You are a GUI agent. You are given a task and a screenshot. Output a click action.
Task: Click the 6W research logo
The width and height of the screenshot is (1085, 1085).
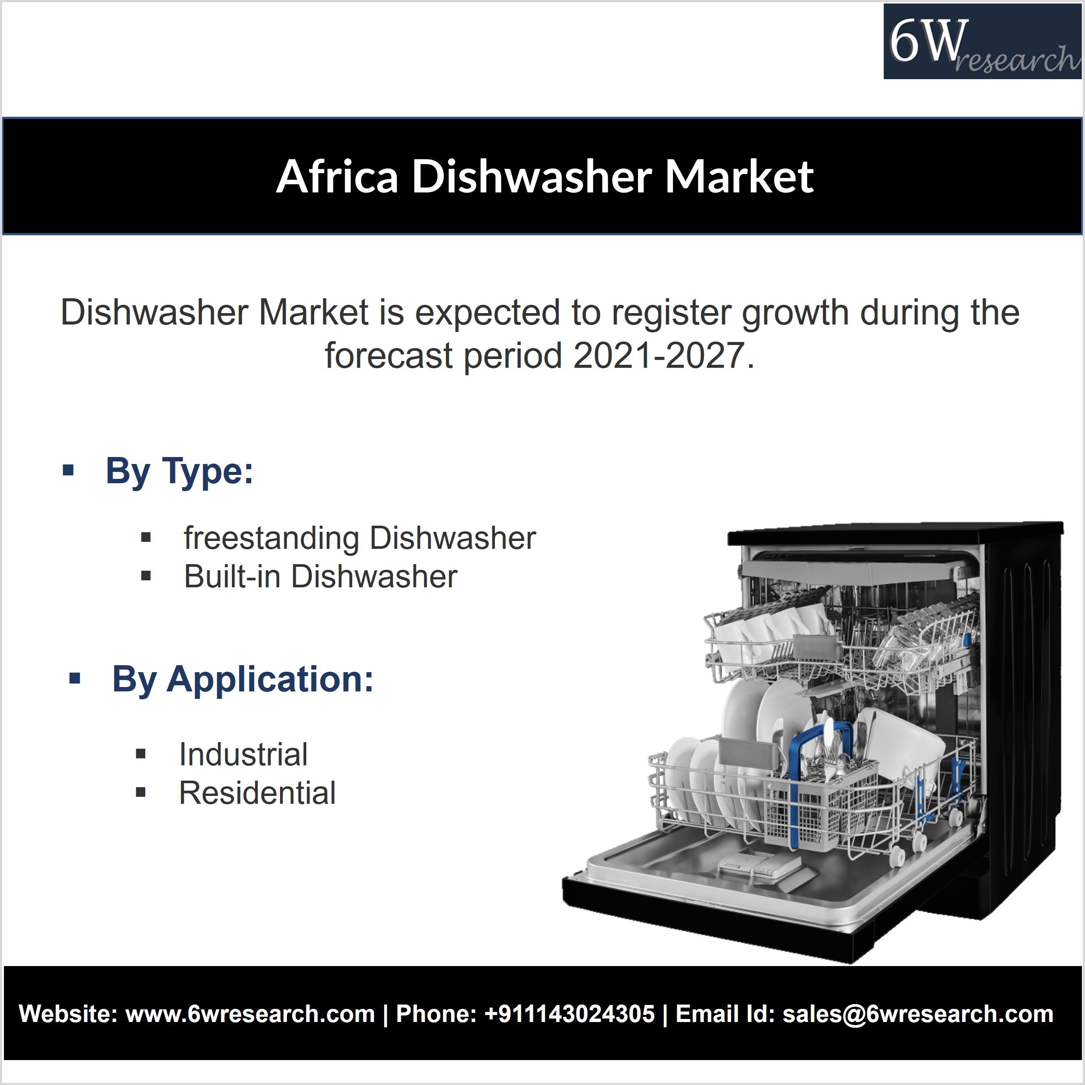982,42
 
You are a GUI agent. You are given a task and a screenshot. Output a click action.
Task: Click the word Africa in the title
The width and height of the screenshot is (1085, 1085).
337,176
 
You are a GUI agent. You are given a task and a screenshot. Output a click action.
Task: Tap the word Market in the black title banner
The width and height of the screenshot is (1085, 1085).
739,176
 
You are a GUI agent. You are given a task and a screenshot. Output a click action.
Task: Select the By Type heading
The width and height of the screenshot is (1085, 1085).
179,471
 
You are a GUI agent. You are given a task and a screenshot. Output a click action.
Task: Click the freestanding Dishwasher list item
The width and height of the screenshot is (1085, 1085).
360,538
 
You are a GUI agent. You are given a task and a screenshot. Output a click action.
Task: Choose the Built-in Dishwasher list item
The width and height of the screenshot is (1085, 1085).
321,576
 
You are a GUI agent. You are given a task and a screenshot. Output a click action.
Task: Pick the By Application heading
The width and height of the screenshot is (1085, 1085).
243,680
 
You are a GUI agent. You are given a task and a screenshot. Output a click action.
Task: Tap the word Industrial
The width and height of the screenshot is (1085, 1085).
243,754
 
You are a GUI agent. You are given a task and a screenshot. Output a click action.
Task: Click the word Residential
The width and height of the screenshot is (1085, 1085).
257,793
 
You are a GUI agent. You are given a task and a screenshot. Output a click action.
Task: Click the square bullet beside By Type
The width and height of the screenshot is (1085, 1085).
69,470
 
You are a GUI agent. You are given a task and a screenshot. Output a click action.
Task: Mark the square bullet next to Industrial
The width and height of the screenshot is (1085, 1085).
141,754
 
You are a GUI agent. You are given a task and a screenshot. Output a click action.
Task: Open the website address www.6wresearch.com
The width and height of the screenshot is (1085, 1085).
250,1014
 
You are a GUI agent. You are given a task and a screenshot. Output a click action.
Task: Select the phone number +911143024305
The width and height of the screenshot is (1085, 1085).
569,1014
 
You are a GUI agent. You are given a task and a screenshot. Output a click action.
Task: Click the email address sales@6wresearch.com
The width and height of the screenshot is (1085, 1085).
918,1014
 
